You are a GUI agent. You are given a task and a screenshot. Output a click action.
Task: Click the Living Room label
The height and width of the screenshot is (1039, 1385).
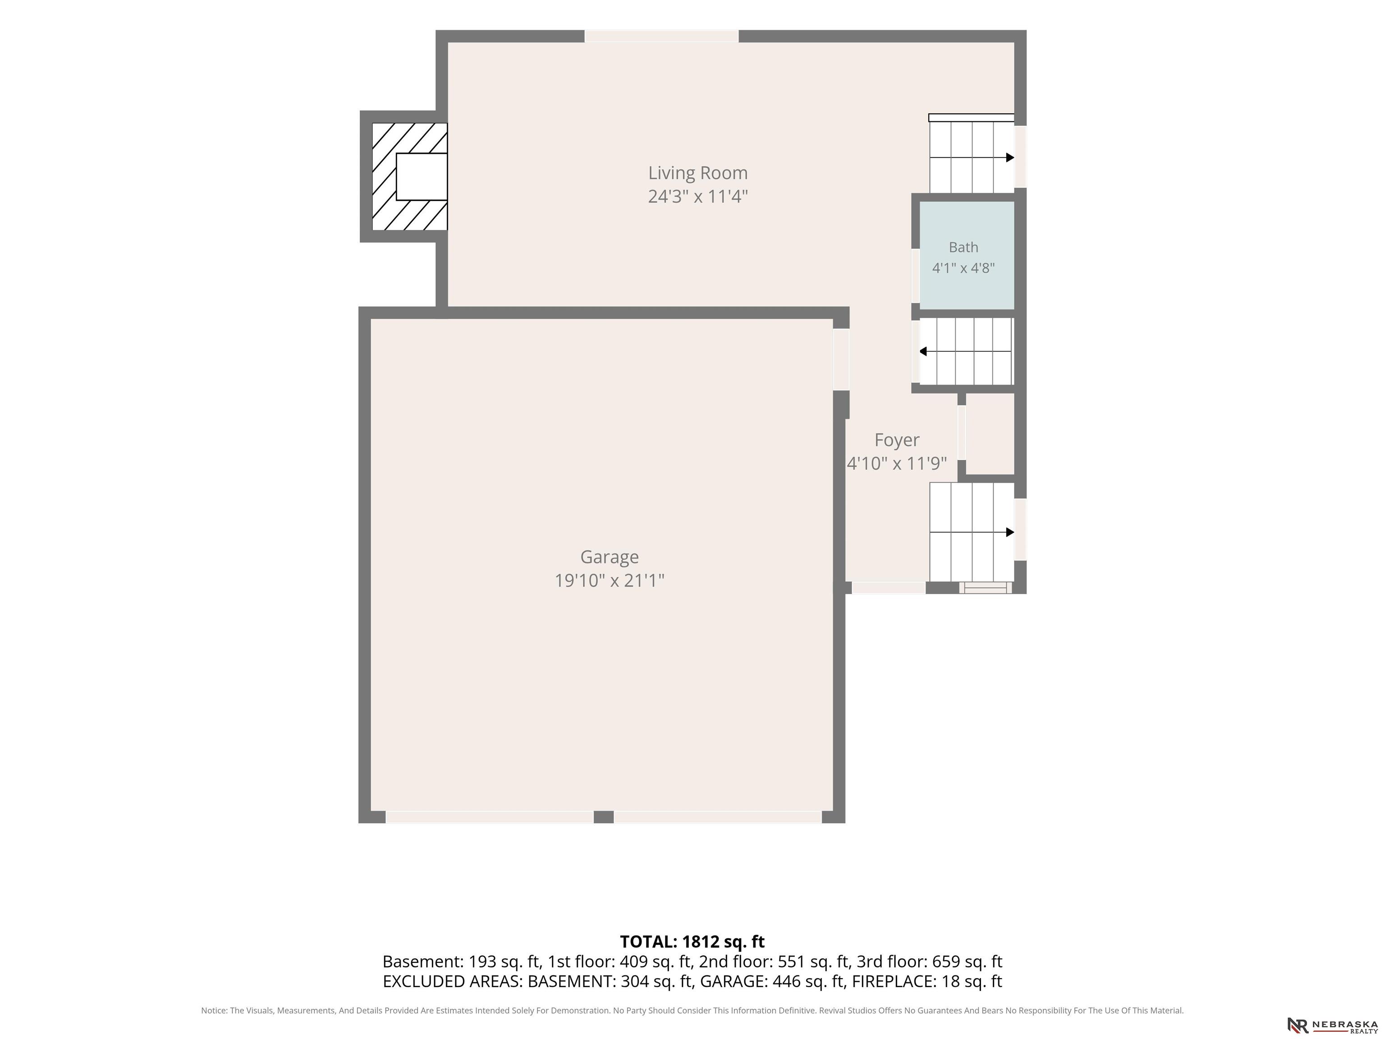coord(697,173)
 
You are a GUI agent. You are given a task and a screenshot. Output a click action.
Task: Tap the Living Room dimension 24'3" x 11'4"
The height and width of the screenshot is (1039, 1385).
coord(697,197)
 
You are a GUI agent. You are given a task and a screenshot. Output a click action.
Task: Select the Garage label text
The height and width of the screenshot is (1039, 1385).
coord(609,557)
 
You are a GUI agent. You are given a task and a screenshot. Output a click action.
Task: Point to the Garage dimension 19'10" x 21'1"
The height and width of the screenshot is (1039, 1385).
coord(609,580)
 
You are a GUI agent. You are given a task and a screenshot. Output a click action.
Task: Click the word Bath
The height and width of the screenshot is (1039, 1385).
coord(963,248)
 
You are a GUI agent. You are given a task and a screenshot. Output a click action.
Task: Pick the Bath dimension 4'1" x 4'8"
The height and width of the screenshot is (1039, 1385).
coord(963,268)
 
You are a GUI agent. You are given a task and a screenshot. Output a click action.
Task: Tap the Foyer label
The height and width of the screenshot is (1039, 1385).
coord(897,440)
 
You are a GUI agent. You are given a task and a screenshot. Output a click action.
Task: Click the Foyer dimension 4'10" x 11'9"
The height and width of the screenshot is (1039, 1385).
coord(897,464)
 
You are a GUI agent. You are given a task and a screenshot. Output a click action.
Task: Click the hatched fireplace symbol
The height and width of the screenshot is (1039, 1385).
coord(409,177)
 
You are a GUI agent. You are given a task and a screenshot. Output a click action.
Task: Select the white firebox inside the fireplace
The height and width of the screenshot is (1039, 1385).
coord(422,177)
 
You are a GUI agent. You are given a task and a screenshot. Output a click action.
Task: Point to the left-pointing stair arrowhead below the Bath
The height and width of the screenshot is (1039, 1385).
coord(923,351)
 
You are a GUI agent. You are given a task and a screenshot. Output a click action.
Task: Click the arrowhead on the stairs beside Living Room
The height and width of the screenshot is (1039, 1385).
coord(1010,158)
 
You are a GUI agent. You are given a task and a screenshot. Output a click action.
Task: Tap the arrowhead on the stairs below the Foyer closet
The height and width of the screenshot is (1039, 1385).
coord(1010,532)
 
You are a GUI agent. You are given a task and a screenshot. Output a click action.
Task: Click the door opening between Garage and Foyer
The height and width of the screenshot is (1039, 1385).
coord(841,360)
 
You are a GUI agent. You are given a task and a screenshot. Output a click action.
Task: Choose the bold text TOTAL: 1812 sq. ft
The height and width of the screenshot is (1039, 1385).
coord(692,941)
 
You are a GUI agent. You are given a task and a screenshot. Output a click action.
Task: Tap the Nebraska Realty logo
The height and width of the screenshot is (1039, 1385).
coord(1332,1025)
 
